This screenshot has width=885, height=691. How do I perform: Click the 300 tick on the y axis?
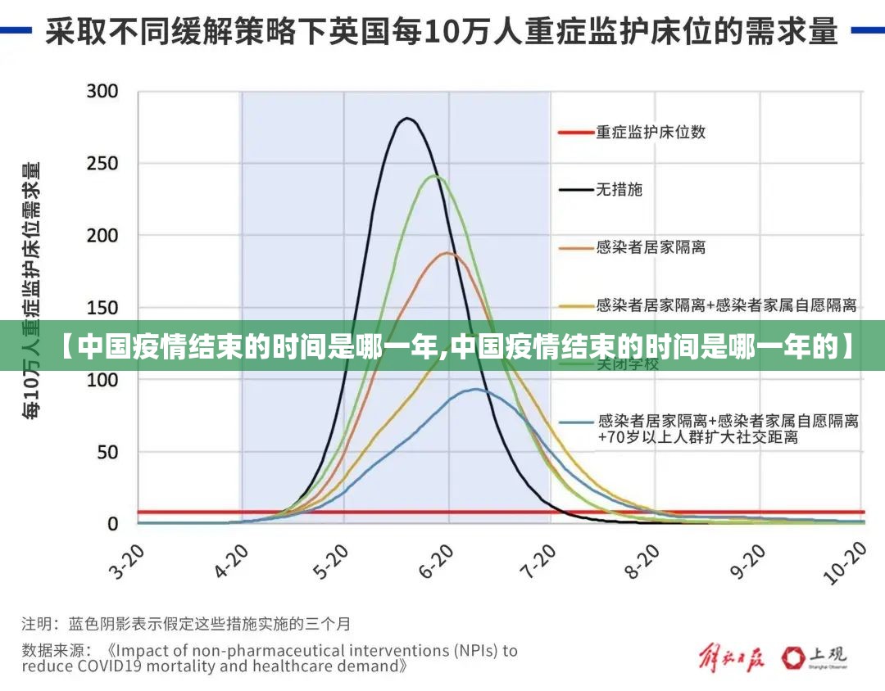[x=102, y=91]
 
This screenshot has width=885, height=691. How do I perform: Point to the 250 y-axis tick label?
[x=102, y=163]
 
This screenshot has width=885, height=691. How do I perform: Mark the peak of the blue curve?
[x=474, y=390]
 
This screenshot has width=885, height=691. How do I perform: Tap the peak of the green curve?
[x=435, y=176]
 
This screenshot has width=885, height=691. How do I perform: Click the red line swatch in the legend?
[x=575, y=132]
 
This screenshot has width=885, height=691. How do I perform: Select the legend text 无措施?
[x=619, y=190]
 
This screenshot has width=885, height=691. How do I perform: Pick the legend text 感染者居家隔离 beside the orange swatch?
[x=651, y=247]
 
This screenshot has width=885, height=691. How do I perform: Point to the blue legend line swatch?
[x=575, y=422]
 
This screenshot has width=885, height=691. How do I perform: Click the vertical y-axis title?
[x=32, y=291]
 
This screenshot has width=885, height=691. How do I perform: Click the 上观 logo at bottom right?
[x=815, y=657]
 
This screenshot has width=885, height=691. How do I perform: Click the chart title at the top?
[x=442, y=32]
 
